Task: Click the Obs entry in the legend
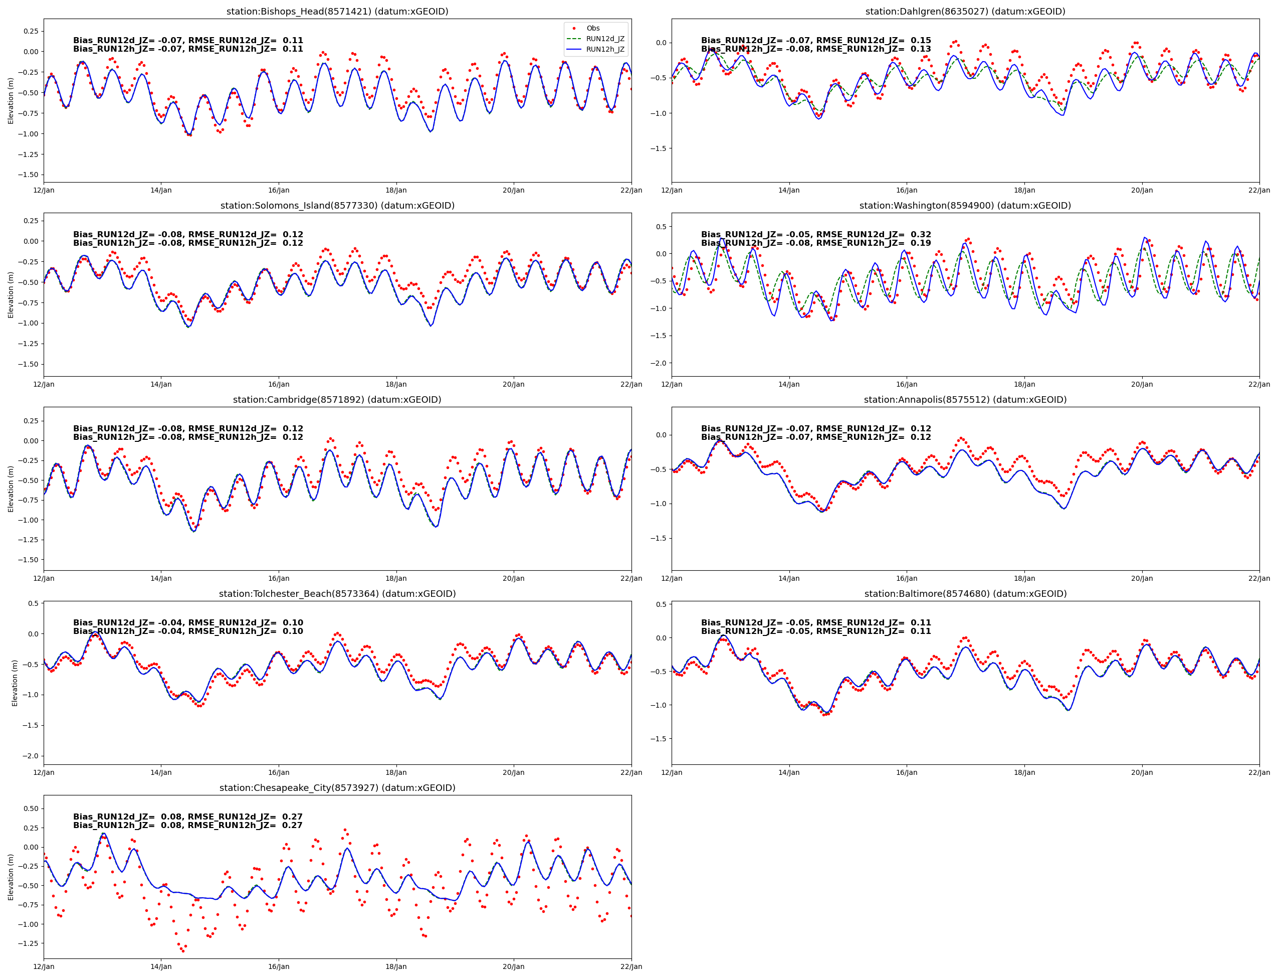click(x=592, y=28)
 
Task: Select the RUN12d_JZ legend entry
click(x=605, y=39)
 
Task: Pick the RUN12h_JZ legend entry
click(x=605, y=50)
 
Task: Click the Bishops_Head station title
click(x=337, y=12)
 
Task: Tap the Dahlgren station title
click(x=965, y=12)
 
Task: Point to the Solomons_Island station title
click(x=337, y=206)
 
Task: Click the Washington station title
click(x=965, y=206)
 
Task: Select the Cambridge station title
click(x=337, y=399)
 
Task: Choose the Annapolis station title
click(x=965, y=399)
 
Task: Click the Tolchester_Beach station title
click(x=337, y=594)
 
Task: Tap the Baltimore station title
click(x=965, y=594)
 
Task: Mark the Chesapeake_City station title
click(x=337, y=787)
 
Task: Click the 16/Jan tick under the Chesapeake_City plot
click(x=279, y=966)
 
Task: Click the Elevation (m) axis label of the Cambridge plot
click(x=11, y=489)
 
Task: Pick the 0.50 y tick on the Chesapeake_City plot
click(x=30, y=808)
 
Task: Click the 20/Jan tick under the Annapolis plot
click(x=1142, y=579)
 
